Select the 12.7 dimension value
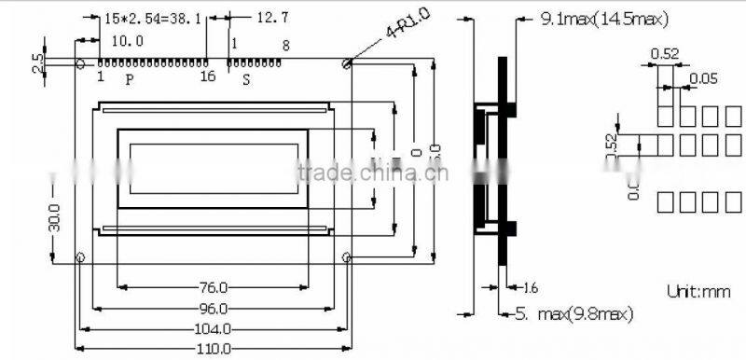[x=272, y=18]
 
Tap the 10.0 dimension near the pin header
[x=128, y=41]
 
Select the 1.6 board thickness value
[x=529, y=287]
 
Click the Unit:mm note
[x=698, y=292]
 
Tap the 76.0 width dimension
[x=214, y=287]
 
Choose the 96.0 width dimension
[x=213, y=309]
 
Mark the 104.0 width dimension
[x=213, y=329]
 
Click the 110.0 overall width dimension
[x=213, y=349]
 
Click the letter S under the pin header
[x=246, y=80]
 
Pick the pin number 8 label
[x=285, y=45]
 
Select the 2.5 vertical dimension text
[x=36, y=63]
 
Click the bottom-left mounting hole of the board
[x=81, y=257]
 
